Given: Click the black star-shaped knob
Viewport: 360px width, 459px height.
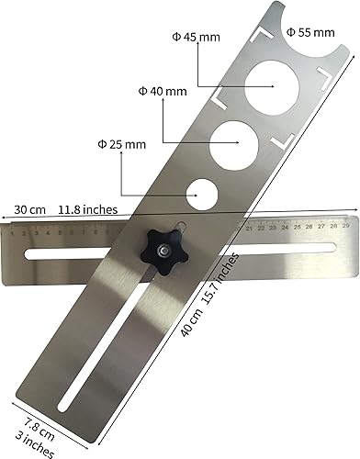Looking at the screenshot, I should point(161,249).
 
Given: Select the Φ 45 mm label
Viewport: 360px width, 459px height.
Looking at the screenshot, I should point(197,38).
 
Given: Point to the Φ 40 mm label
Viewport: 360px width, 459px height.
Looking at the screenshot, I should point(162,92).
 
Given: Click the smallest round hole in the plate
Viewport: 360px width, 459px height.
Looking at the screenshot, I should point(201,195).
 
